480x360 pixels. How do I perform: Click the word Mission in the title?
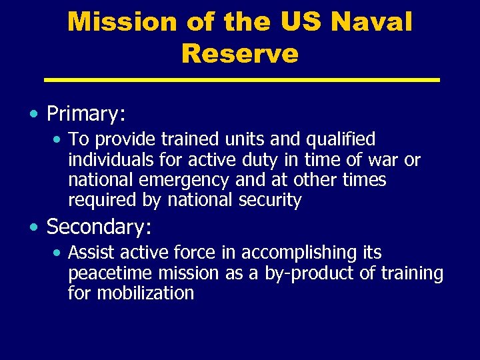pos(113,21)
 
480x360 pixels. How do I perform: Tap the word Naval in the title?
pos(371,21)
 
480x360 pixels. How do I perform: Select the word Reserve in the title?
pos(239,53)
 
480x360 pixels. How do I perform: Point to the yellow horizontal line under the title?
pos(241,80)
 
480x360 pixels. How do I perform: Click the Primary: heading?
pos(86,114)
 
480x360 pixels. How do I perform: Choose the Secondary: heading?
pos(99,227)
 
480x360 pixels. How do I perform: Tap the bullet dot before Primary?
pos(33,114)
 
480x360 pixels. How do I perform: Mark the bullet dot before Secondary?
pos(33,227)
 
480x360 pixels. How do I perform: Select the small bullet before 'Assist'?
pos(59,253)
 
